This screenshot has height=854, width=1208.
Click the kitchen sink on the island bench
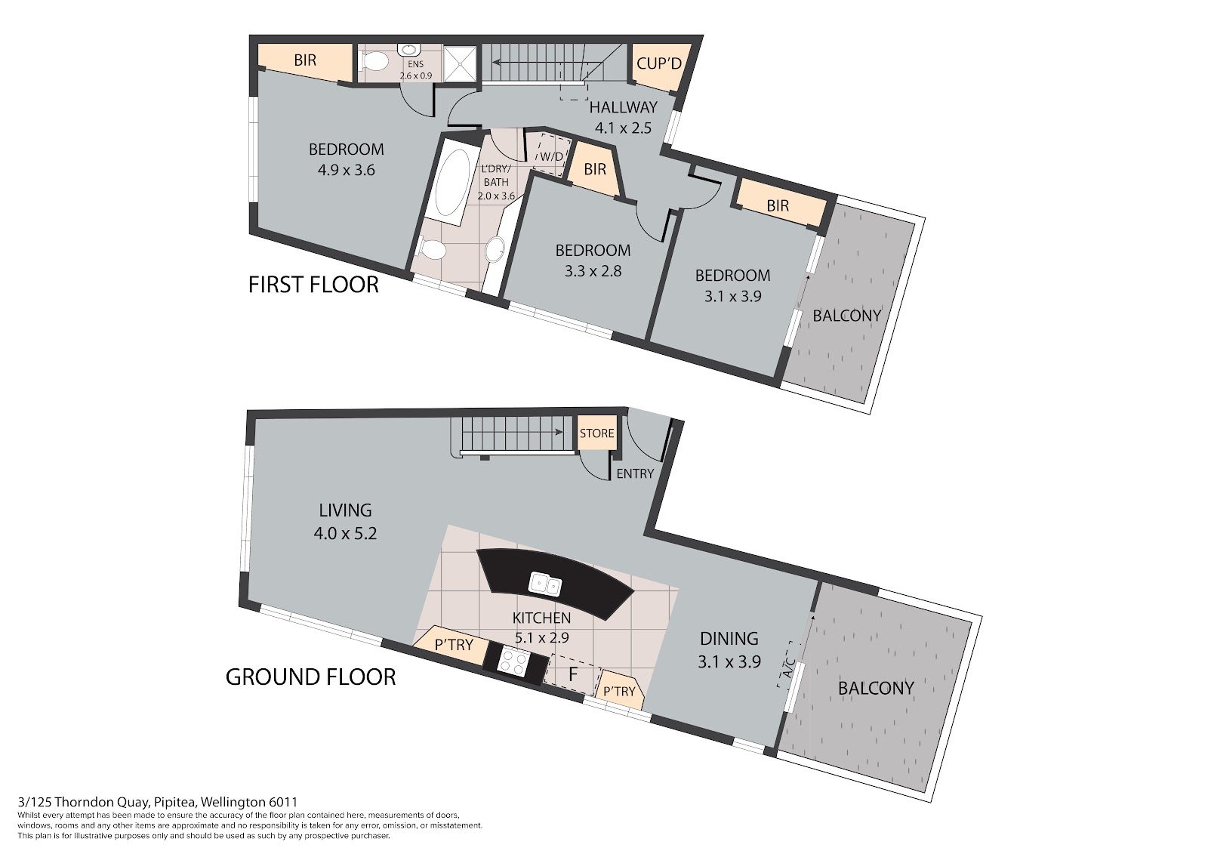[545, 584]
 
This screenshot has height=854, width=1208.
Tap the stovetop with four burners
[513, 661]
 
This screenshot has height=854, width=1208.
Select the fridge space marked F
[573, 674]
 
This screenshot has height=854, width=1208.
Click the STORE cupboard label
[596, 433]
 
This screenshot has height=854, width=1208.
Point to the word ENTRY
[635, 473]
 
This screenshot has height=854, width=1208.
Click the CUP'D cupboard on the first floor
[659, 63]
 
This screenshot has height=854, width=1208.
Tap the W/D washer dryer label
[551, 156]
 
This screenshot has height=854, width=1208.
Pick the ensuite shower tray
[460, 63]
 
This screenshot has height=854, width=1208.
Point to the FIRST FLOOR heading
[313, 285]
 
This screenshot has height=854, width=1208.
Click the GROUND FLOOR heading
[310, 677]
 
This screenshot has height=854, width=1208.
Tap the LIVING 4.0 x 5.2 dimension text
[345, 533]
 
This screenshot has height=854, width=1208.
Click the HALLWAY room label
[624, 106]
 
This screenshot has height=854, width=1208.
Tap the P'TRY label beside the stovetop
[454, 645]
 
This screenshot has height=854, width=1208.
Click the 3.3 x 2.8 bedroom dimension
[593, 271]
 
